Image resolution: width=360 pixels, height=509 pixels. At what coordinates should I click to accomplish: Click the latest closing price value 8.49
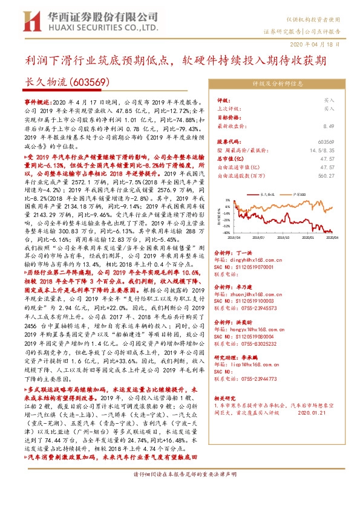coord(329,126)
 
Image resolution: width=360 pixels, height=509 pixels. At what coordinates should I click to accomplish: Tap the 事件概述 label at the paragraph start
coord(38,104)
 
